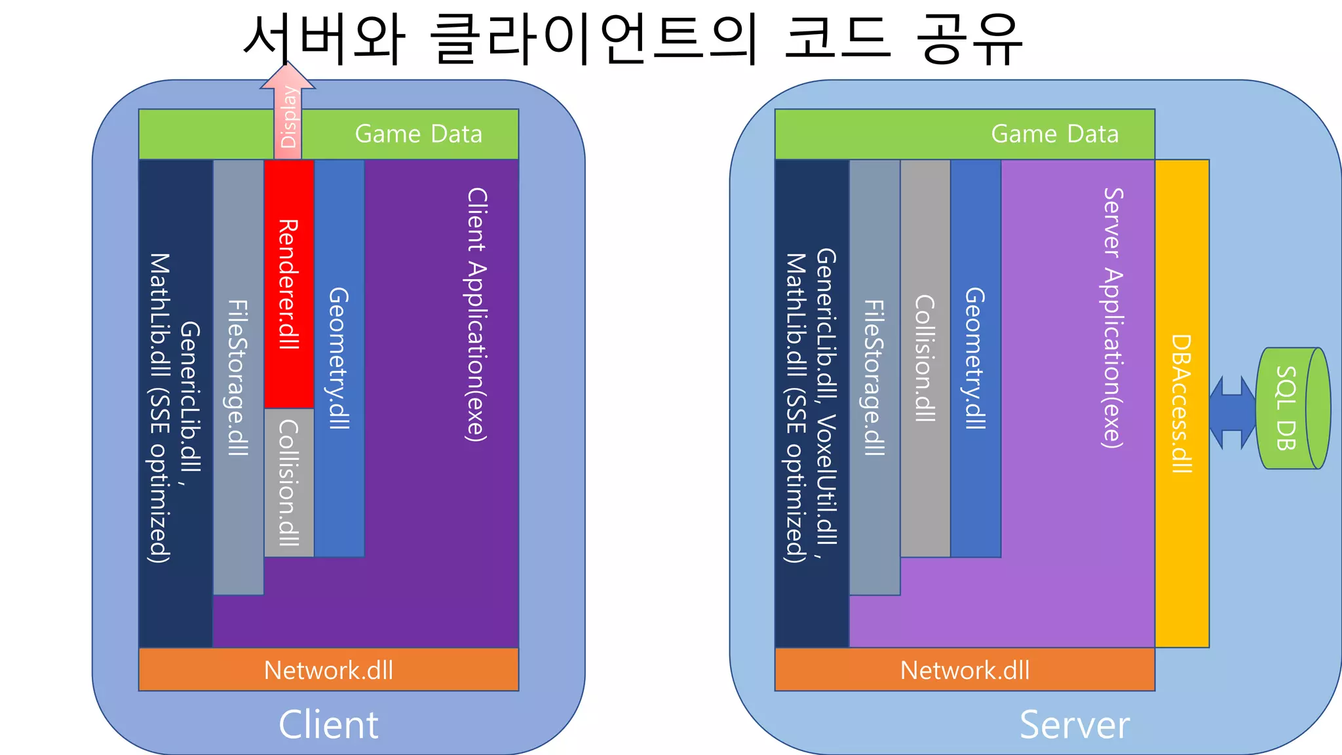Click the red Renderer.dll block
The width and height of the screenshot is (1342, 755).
289,283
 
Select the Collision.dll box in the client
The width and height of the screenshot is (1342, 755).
289,482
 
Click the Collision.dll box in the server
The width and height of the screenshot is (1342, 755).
925,358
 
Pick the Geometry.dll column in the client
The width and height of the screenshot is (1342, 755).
339,358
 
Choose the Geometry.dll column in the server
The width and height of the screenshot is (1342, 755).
975,358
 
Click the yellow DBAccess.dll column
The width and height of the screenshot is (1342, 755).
1181,403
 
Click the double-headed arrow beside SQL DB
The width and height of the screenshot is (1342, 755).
1232,412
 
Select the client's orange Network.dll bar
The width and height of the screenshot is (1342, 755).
328,670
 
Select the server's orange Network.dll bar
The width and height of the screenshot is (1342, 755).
965,670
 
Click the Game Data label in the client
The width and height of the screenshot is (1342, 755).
418,134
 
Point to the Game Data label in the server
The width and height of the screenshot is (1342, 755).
1054,134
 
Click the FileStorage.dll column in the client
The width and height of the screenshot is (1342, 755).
238,377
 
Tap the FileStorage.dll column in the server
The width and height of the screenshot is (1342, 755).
874,377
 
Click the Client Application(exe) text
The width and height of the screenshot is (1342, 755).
476,315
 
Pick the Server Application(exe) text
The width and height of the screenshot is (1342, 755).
1113,318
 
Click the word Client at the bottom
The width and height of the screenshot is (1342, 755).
328,725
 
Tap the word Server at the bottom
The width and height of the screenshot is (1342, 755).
1075,725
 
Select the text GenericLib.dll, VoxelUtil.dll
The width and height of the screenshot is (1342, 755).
826,397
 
